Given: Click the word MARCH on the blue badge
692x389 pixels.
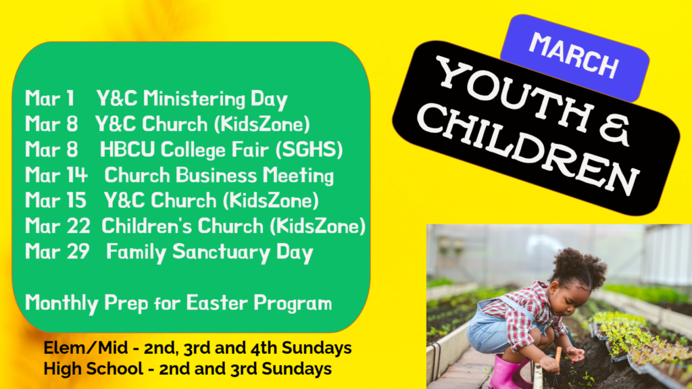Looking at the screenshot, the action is click(x=574, y=55).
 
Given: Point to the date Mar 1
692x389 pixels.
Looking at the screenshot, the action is click(x=49, y=98).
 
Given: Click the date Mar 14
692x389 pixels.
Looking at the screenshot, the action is click(x=56, y=175).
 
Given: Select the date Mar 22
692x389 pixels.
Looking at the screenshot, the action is click(x=57, y=226).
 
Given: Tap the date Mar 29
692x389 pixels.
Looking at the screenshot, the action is click(x=57, y=251).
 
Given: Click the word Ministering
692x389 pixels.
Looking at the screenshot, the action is click(x=194, y=99).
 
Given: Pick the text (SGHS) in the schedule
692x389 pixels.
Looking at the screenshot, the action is click(x=309, y=150).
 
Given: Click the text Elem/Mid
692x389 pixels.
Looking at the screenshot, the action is click(x=85, y=348).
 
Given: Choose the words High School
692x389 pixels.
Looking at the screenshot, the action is click(x=93, y=369).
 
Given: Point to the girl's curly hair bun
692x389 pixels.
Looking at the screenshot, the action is click(x=579, y=267).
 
